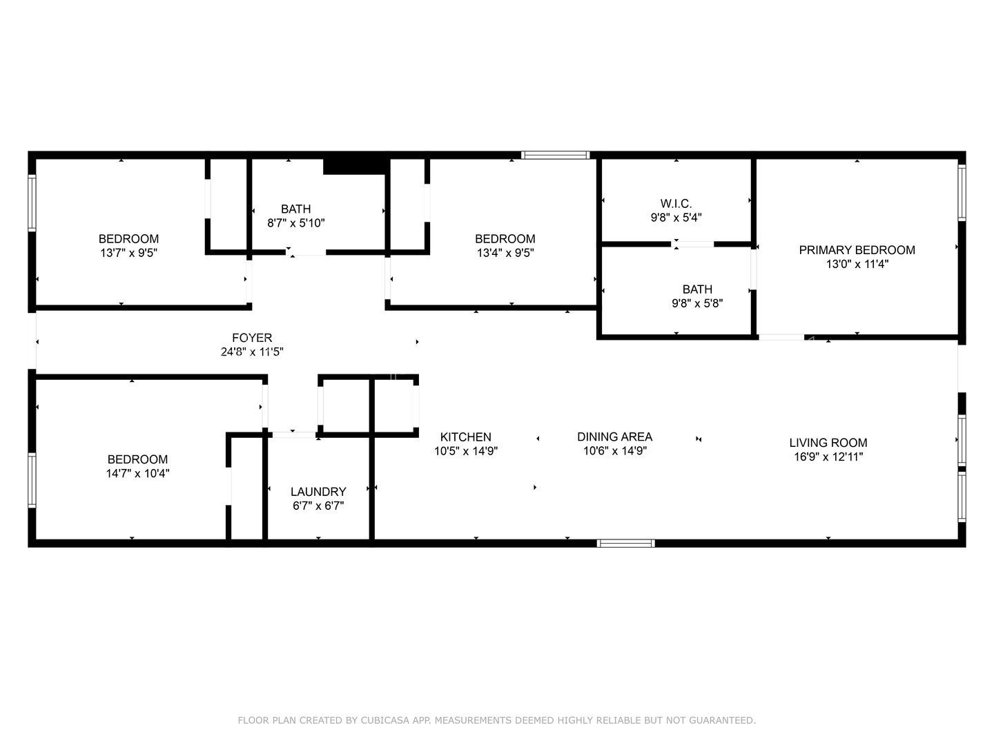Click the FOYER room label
[x=252, y=338]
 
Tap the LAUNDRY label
[x=318, y=491]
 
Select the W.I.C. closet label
[x=676, y=203]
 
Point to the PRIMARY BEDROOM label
[x=857, y=250]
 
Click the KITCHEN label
[x=465, y=437]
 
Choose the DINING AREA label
[x=614, y=437]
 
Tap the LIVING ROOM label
[x=828, y=443]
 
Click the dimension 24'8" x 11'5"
[x=252, y=352]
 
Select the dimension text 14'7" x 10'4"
[x=137, y=473]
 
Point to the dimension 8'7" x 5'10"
[x=295, y=223]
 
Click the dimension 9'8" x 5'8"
[x=697, y=303]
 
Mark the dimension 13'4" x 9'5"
[x=505, y=253]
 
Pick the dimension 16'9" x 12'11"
[x=828, y=457]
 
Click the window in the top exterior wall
[x=555, y=155]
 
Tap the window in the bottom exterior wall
[x=625, y=544]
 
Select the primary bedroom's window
[x=962, y=193]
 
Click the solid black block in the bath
[x=356, y=166]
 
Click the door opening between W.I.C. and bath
[x=692, y=244]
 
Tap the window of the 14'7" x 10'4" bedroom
[x=32, y=480]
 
